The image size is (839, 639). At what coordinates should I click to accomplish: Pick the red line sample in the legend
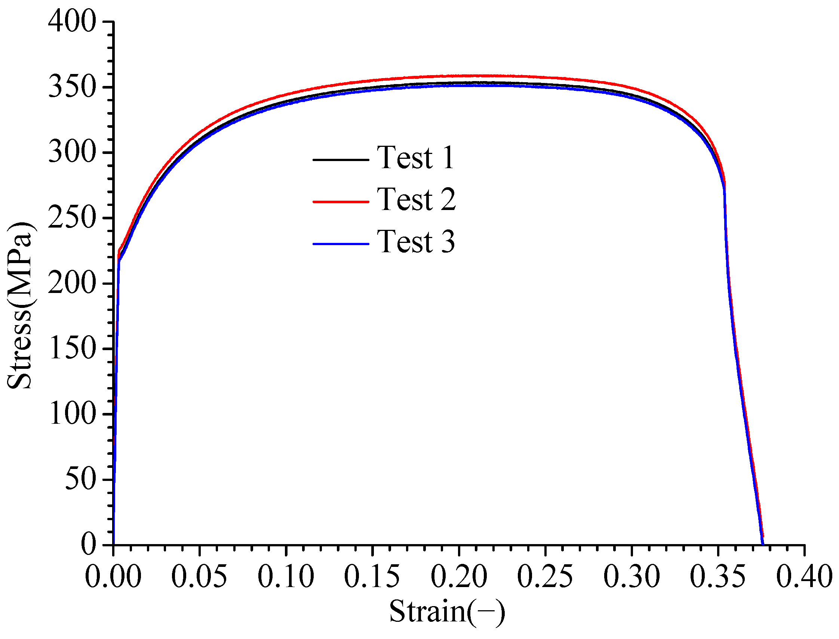click(x=341, y=201)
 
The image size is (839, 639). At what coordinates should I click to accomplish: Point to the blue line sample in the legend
click(x=341, y=244)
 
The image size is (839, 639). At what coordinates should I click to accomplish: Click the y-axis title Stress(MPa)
click(x=21, y=305)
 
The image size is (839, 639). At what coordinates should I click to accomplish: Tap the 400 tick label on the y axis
click(x=71, y=22)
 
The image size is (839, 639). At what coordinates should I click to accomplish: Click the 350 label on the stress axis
click(x=71, y=87)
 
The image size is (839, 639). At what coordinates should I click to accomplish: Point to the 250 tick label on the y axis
click(x=71, y=218)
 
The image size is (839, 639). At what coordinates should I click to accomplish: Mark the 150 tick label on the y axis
click(x=71, y=349)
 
